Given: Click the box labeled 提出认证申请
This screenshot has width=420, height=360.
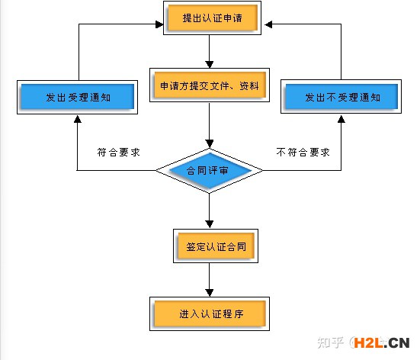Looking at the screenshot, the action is (212, 18).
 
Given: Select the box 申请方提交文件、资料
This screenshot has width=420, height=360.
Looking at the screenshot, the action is (210, 85).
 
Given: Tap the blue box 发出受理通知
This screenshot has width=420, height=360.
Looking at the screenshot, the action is (78, 97).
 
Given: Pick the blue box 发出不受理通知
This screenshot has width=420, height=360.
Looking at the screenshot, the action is (341, 97).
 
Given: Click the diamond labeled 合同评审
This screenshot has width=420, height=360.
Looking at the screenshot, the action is (209, 171).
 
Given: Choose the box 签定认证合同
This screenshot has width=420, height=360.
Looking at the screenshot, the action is (216, 246).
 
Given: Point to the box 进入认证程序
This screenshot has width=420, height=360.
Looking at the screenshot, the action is (210, 313).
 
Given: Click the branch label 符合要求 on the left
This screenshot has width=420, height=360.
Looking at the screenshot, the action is (118, 153).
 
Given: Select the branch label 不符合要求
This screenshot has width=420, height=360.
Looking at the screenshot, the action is (303, 153).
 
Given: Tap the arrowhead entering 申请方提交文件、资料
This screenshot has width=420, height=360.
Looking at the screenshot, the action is (210, 65).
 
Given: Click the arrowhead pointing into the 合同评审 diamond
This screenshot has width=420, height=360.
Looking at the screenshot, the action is (210, 144).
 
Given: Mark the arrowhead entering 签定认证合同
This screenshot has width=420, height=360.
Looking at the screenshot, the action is (210, 224).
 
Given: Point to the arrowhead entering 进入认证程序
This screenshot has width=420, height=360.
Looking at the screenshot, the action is (210, 293).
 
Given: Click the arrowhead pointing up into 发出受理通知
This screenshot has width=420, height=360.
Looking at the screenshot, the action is (78, 119).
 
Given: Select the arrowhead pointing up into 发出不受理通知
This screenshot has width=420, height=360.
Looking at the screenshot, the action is (341, 119).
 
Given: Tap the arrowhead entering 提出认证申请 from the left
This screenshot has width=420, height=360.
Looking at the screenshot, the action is (159, 24).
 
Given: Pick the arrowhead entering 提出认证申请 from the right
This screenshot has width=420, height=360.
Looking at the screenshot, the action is (268, 24).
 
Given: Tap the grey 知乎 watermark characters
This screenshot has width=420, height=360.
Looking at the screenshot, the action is (331, 342).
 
